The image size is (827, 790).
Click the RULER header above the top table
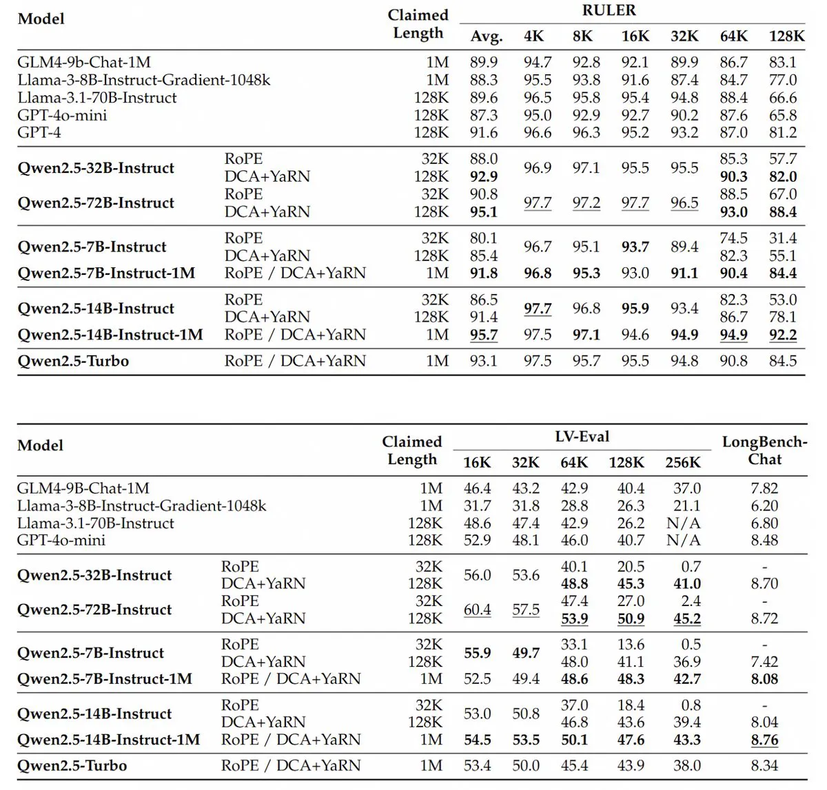point(609,11)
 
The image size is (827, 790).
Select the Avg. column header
point(487,37)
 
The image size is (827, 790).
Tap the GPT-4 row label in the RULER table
point(39,132)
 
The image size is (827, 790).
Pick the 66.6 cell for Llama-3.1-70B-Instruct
point(783,98)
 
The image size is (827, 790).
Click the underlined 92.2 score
point(783,335)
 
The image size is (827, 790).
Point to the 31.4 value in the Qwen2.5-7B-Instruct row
point(783,238)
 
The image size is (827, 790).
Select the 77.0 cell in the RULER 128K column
point(783,81)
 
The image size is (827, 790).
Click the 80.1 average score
point(484,238)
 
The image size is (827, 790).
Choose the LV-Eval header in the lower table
point(582,437)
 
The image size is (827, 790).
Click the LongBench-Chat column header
point(764,450)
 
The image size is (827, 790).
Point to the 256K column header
point(683,463)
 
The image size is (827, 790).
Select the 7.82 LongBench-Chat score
point(764,488)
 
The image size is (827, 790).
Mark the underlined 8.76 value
point(764,740)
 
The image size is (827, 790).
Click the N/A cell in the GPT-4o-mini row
point(683,540)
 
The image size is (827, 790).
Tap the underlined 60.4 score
point(477,610)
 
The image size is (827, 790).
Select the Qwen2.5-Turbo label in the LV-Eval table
point(72,765)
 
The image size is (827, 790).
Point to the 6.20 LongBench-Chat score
point(764,506)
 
